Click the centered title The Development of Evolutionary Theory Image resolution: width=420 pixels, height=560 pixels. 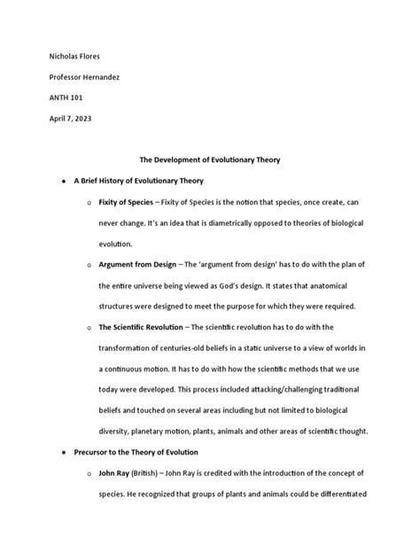coord(210,159)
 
